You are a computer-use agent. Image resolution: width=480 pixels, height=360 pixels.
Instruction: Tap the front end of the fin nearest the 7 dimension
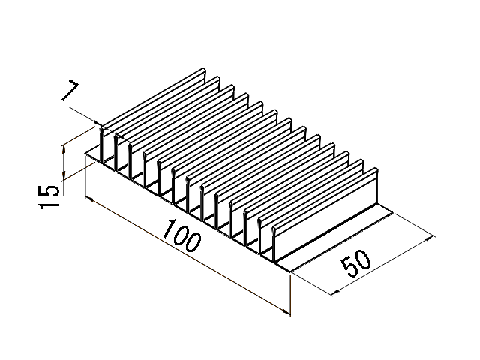103,142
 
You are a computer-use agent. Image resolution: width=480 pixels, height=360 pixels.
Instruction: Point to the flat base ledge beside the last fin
337,232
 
